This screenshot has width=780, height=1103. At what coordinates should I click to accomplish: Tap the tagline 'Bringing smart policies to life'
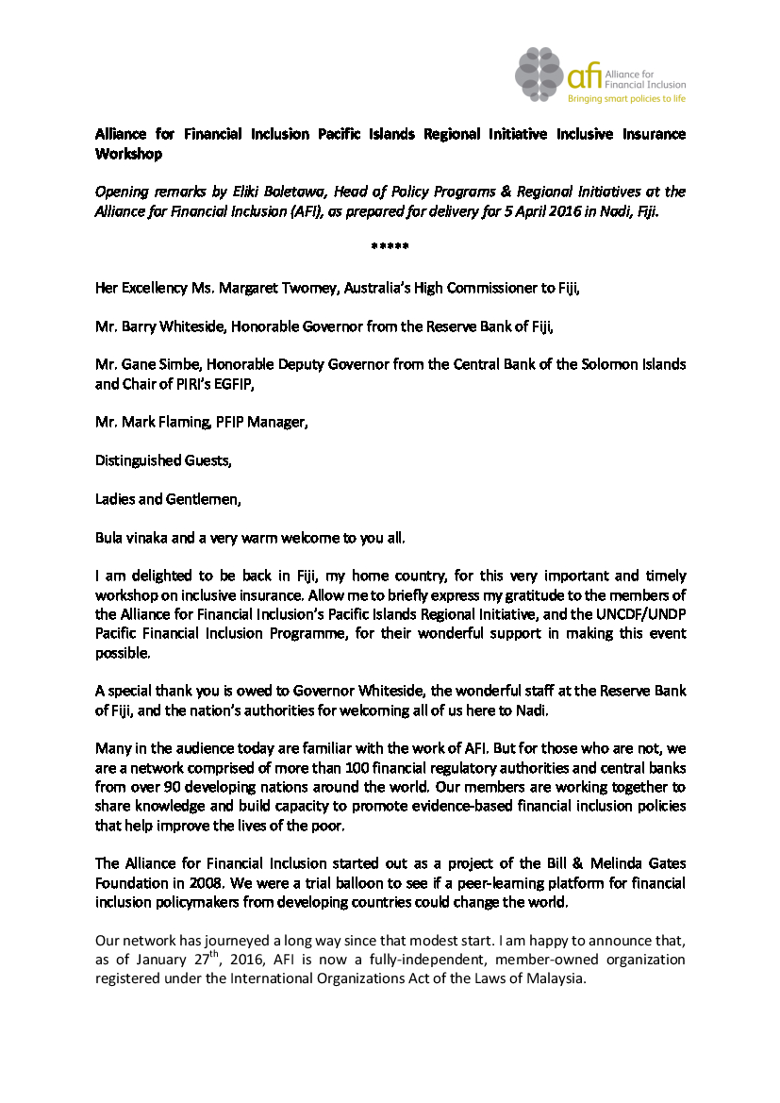coord(625,97)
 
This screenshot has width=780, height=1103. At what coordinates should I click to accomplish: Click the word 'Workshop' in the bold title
coord(128,154)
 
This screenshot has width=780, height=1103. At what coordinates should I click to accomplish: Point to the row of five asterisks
coord(390,246)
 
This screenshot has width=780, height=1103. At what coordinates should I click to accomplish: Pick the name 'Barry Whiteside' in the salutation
coord(168,326)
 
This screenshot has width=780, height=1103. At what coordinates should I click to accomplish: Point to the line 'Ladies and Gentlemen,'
coord(168,499)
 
